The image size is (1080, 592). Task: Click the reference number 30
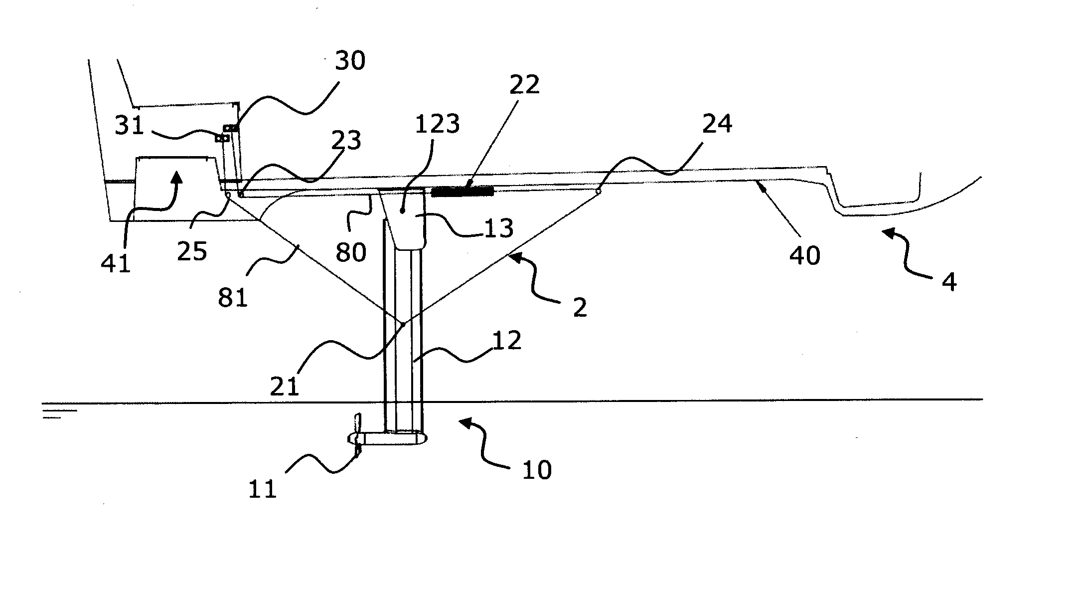pyautogui.click(x=350, y=61)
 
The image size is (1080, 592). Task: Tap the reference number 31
pyautogui.click(x=130, y=125)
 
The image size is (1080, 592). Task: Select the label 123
pyautogui.click(x=437, y=124)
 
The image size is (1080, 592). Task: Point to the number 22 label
pyautogui.click(x=524, y=85)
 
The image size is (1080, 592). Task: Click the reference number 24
pyautogui.click(x=717, y=124)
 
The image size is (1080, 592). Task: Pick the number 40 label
pyautogui.click(x=805, y=255)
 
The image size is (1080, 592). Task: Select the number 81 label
pyautogui.click(x=233, y=298)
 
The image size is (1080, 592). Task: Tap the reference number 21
pyautogui.click(x=285, y=386)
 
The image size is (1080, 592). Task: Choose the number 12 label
pyautogui.click(x=507, y=341)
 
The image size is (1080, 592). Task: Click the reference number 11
pyautogui.click(x=262, y=489)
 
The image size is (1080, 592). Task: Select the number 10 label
pyautogui.click(x=537, y=470)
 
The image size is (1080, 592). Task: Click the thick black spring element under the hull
pyautogui.click(x=462, y=192)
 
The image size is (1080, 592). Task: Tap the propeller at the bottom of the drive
pyautogui.click(x=357, y=435)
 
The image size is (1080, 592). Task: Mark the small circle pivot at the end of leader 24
pyautogui.click(x=598, y=191)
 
